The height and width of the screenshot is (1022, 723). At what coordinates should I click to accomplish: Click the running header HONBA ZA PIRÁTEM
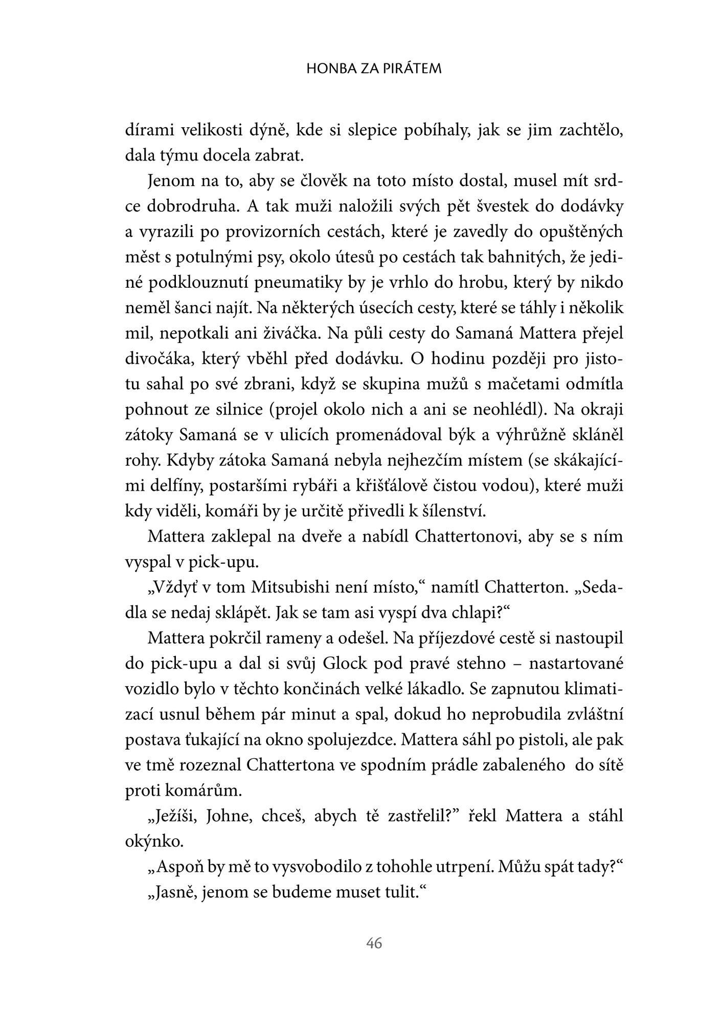click(x=374, y=69)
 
